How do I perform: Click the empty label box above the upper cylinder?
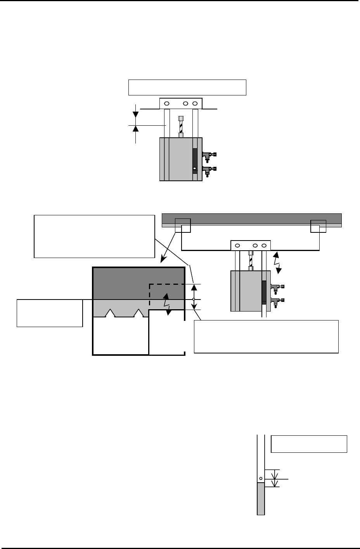[187, 87]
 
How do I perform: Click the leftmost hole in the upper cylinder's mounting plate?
[166, 104]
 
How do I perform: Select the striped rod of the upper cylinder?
[180, 126]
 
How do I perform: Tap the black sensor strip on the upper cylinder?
[195, 159]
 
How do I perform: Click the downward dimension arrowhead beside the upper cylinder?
[135, 115]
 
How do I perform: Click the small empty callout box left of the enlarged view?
[50, 313]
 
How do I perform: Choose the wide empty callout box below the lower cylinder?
[266, 336]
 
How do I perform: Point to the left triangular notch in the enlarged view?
[111, 313]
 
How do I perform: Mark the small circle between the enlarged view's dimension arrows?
[194, 300]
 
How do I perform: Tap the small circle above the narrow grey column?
[261, 478]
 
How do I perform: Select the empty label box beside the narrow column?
[309, 444]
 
